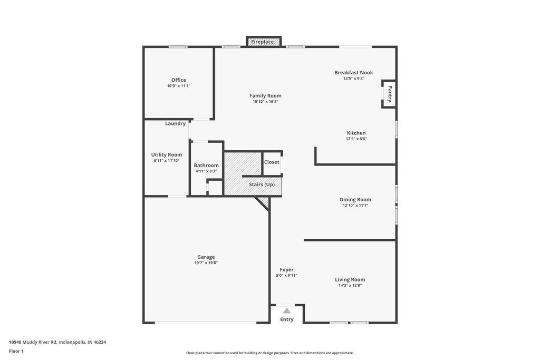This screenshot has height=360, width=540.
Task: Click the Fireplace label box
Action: coord(264,41)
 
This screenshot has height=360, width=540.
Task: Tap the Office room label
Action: coord(179,80)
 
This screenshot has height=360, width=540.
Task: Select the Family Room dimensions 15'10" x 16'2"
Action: coord(265,102)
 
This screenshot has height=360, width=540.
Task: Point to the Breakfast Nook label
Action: coord(354,73)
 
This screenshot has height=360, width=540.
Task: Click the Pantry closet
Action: coord(389,94)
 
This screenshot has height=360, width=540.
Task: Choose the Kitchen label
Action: coord(356,133)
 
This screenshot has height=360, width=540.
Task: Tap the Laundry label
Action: coord(175,123)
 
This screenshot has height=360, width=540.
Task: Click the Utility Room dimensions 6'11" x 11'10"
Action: coord(166,160)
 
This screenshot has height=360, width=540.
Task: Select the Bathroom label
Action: coord(206,165)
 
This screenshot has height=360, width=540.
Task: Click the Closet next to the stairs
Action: coord(272,163)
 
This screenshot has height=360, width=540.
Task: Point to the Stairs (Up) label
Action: coord(262,184)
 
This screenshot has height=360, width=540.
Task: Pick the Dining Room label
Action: coord(355,200)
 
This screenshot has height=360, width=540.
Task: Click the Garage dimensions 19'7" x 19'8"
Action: coord(206,263)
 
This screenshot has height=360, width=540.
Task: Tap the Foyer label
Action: coord(286,270)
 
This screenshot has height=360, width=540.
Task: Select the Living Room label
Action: coord(350,280)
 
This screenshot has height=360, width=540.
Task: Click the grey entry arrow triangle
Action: coord(287,310)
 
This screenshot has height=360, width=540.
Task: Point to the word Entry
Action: coord(287,319)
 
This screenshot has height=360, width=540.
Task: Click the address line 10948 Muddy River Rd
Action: coord(57,342)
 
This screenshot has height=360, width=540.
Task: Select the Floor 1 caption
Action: coord(16,351)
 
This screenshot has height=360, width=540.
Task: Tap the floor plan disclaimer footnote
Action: coord(270,353)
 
